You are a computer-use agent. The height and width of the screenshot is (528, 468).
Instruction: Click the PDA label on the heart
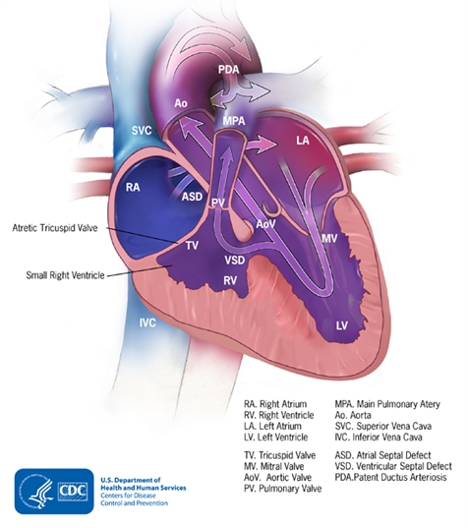[x=229, y=70]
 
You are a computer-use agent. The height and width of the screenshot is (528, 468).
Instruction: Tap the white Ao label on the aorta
[x=181, y=103]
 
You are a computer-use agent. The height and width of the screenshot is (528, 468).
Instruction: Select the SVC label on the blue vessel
[x=142, y=131]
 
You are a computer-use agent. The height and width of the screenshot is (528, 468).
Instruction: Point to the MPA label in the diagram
[x=234, y=121]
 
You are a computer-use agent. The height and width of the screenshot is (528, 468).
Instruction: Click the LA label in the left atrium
[x=303, y=140]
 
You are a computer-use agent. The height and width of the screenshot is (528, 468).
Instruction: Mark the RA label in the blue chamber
[x=133, y=187]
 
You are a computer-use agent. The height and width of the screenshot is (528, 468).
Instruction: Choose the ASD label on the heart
[x=192, y=197]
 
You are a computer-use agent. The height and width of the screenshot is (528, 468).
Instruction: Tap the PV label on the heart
[x=218, y=203]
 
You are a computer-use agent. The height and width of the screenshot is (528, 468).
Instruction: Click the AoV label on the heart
[x=266, y=223]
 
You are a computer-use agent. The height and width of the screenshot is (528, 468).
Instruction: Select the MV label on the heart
[x=329, y=238]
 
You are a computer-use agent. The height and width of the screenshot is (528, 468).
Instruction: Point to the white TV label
[x=193, y=246]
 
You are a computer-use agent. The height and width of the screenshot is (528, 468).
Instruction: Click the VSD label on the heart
[x=235, y=260]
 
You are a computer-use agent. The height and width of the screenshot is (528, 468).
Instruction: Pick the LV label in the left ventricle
[x=342, y=325]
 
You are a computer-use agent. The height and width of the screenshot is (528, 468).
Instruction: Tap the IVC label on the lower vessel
[x=147, y=323]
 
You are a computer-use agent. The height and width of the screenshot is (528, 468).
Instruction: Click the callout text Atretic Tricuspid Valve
[x=55, y=228]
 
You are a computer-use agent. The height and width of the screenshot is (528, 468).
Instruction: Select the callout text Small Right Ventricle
[x=65, y=275]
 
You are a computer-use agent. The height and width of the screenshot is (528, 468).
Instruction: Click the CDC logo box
[x=54, y=492]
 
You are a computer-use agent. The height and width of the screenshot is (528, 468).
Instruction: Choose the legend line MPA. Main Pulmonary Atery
[x=387, y=404]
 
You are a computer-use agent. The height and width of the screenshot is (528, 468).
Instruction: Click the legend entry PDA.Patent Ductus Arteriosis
[x=390, y=477]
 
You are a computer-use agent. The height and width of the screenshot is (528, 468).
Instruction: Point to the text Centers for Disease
[x=128, y=496]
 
